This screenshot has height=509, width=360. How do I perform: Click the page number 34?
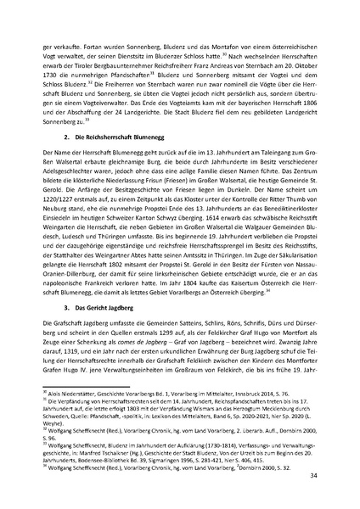[x=315, y=476]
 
